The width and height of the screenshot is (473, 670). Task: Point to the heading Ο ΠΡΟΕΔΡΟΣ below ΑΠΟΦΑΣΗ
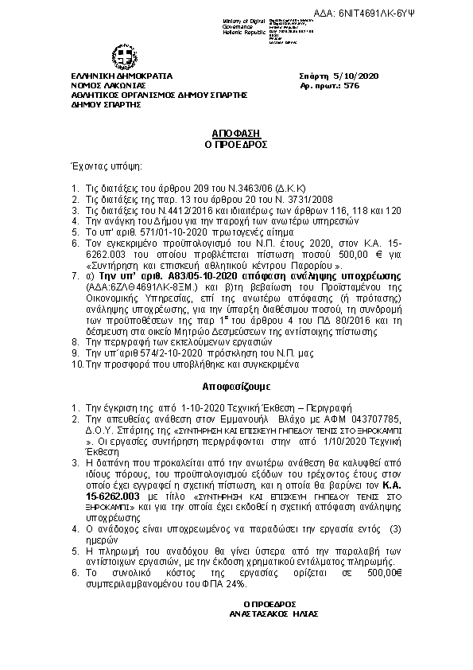pyautogui.click(x=236, y=145)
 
